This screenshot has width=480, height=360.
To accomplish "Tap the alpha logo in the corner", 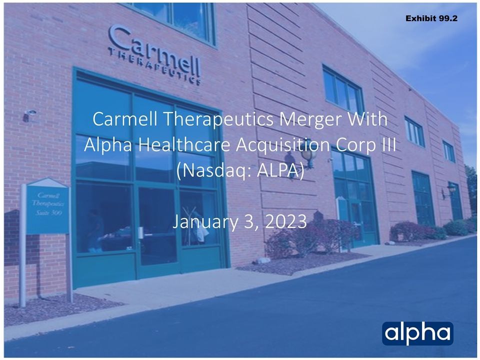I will (x=417, y=333).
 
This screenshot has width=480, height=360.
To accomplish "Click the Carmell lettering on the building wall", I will (x=154, y=50).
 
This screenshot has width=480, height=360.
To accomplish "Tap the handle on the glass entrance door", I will (x=141, y=233).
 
